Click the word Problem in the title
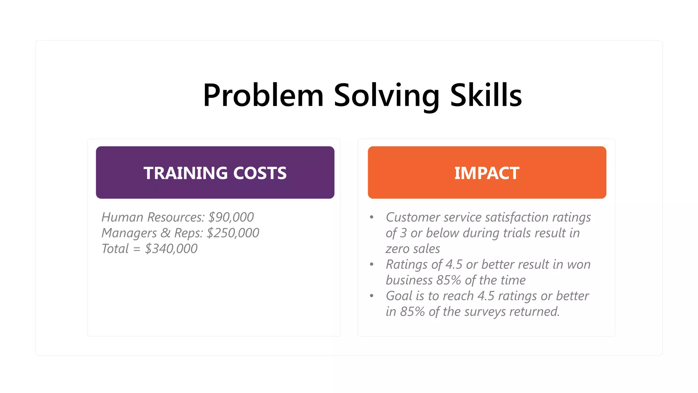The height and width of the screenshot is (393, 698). (263, 95)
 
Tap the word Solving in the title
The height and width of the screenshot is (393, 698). (386, 95)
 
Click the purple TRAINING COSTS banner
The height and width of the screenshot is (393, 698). (215, 173)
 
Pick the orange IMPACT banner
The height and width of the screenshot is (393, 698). (487, 173)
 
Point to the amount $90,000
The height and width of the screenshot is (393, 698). (231, 217)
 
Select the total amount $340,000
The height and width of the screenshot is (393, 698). (171, 249)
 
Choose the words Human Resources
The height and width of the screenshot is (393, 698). (153, 217)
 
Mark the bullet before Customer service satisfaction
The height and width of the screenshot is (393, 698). (371, 217)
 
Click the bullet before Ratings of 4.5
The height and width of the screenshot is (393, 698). (371, 264)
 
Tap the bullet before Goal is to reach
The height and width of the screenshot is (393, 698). (371, 296)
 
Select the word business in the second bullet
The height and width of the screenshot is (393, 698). (409, 280)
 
